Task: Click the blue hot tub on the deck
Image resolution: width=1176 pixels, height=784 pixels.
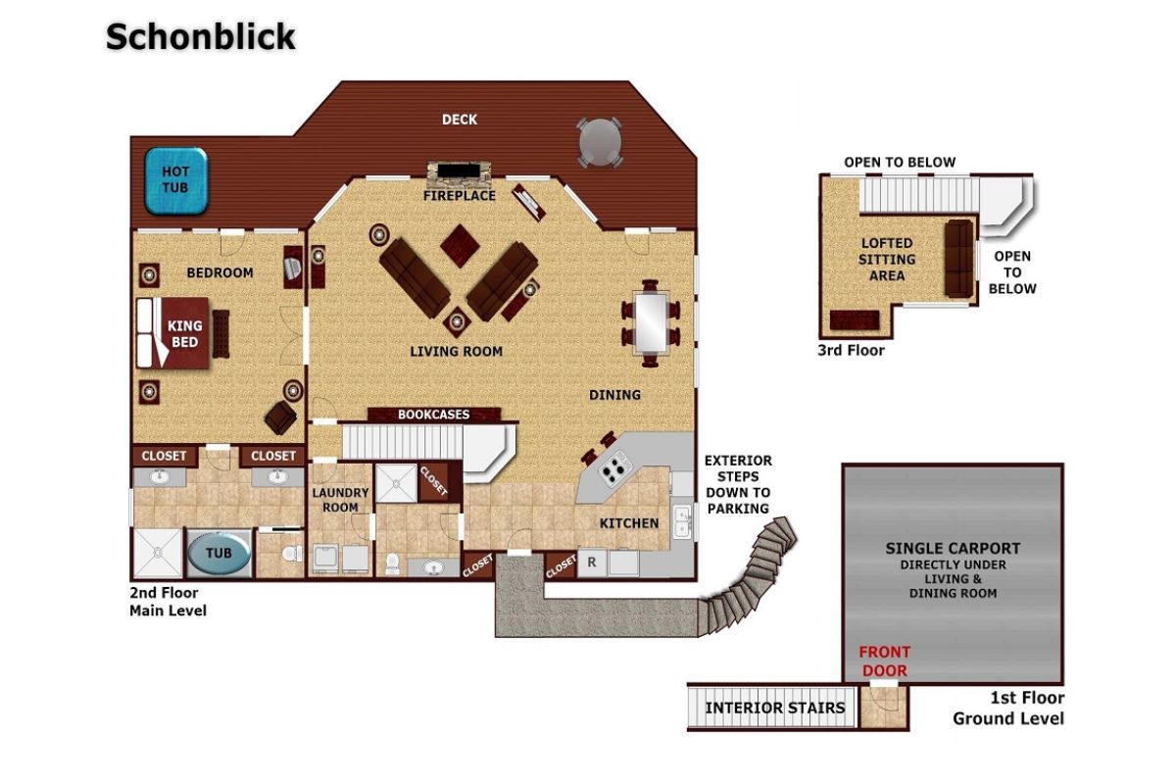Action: click(175, 180)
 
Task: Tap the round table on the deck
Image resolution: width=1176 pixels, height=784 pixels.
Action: click(600, 143)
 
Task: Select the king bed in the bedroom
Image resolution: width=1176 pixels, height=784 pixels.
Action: click(173, 333)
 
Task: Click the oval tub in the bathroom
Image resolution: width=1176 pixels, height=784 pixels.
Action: click(219, 553)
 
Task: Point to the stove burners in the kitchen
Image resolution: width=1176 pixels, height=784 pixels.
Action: click(612, 468)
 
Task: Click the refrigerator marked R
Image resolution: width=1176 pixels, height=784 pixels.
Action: click(592, 563)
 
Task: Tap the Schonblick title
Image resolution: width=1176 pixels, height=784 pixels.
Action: click(201, 37)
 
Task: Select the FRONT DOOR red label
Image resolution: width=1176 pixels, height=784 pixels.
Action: click(885, 661)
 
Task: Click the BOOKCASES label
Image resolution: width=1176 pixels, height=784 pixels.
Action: click(433, 415)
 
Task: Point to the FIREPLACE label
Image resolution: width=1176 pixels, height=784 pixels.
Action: click(460, 196)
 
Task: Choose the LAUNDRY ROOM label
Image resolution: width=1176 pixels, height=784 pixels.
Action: click(340, 500)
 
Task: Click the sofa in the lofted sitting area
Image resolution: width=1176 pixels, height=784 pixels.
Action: click(958, 259)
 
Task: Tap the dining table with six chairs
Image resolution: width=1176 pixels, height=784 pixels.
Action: click(651, 322)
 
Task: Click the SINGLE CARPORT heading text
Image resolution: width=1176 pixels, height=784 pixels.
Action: click(953, 548)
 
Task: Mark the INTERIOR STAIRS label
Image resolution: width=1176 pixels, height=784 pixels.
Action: click(775, 708)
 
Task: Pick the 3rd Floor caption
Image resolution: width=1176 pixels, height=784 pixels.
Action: click(851, 350)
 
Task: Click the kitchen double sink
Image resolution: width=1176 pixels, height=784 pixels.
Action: click(682, 521)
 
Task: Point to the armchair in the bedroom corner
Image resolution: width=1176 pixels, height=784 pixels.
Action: click(280, 417)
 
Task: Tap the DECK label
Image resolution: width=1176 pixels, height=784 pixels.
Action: click(460, 120)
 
